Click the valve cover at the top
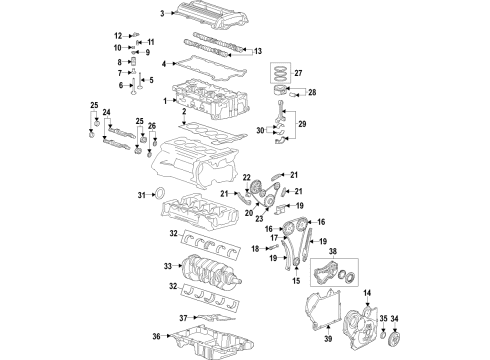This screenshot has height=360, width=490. click(210, 18)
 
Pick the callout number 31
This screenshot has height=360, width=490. click(141, 195)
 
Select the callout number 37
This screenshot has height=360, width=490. click(156, 318)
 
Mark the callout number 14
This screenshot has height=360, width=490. click(365, 291)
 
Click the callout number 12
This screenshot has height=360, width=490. click(117, 35)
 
